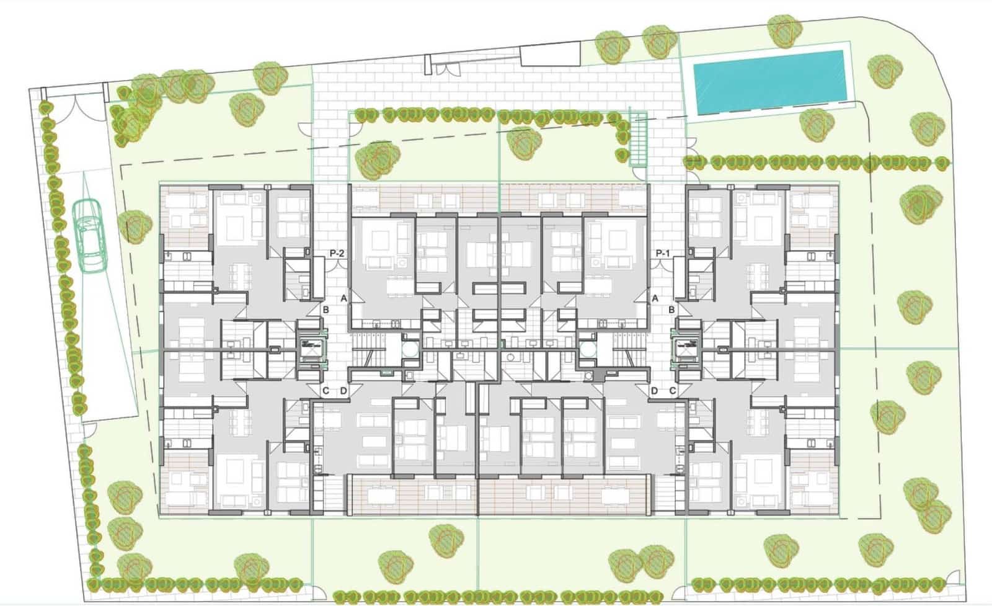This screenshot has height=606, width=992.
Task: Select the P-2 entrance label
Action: pos(337,253)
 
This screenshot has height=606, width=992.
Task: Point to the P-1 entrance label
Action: pos(663,253)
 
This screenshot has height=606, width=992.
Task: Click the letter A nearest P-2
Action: pos(343,298)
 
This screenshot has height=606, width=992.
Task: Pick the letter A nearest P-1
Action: pos(655,298)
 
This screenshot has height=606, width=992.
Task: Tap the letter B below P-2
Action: pos(325,310)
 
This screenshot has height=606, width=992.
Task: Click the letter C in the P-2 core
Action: pos(325,391)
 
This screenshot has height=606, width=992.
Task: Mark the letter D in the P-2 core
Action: pos(343,391)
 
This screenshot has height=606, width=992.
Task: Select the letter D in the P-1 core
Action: pos(655,391)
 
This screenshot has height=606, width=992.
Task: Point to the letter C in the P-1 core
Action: pos(672,391)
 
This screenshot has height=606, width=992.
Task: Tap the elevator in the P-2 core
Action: pos(309,351)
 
